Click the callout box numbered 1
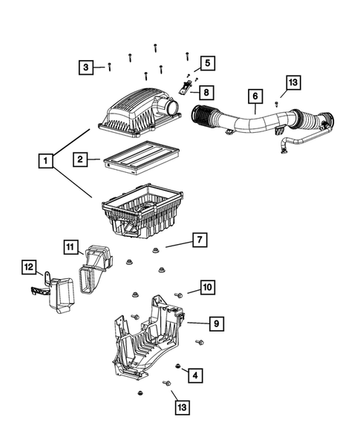click(x=46, y=160)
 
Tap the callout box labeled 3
click(x=87, y=68)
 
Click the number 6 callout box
click(x=255, y=96)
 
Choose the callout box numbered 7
click(x=199, y=240)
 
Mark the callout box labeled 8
click(x=206, y=93)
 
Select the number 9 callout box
click(x=215, y=323)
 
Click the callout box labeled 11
click(x=69, y=246)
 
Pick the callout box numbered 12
click(x=28, y=266)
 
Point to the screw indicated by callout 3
click(x=110, y=67)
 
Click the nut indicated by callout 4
click(x=178, y=367)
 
